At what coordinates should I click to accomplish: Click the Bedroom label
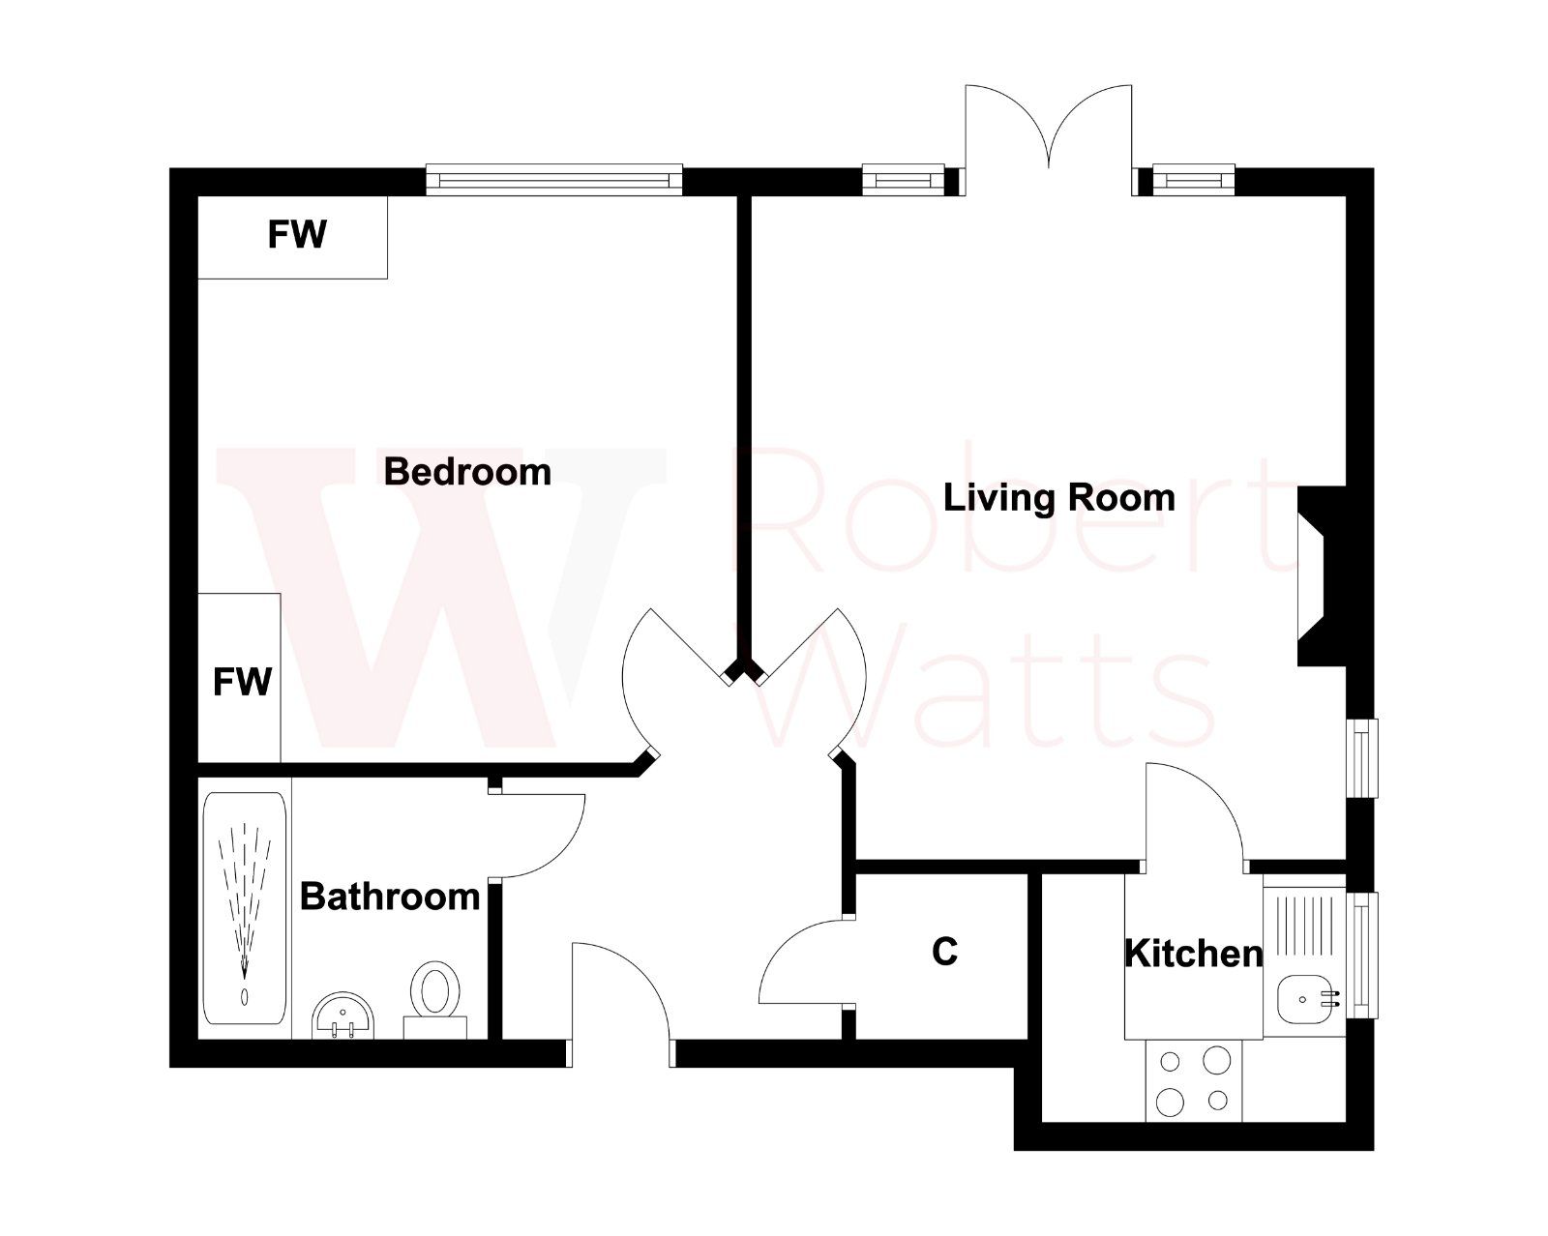point(467,472)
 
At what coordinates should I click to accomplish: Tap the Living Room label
point(1058,498)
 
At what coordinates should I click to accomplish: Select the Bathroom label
point(390,897)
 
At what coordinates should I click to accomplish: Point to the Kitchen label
point(1193,954)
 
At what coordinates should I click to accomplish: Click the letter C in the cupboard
point(944,952)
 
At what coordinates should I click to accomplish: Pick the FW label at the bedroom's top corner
point(297,235)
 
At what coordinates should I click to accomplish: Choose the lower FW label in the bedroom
point(242,682)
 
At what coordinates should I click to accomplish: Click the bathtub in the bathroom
point(244,909)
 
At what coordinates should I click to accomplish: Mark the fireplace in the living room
point(1322,575)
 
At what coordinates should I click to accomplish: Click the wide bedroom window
point(554,181)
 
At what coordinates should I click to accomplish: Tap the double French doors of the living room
point(1048,135)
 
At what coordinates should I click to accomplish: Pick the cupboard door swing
point(803,962)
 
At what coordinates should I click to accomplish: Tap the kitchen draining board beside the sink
point(1306,928)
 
